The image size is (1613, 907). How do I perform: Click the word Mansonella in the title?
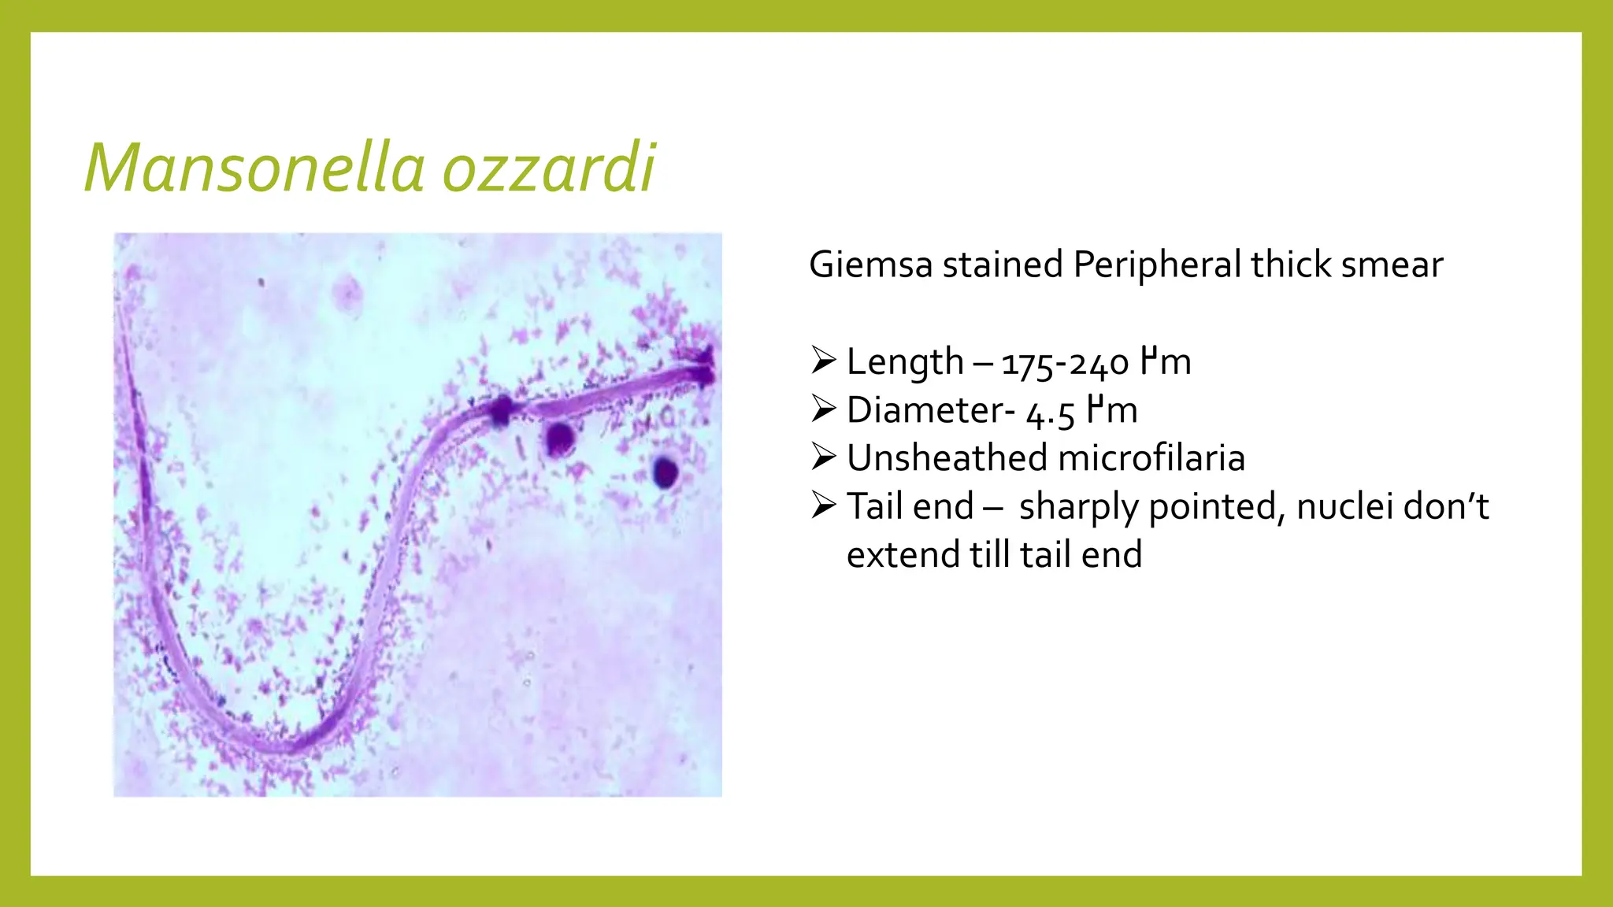pos(254,168)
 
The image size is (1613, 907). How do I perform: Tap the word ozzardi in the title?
pos(548,168)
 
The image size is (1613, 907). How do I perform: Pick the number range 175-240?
pos(1065,364)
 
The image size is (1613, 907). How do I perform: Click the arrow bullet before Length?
pos(823,361)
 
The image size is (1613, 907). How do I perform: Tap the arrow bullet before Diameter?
pos(823,409)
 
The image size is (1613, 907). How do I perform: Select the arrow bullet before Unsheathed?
pos(823,457)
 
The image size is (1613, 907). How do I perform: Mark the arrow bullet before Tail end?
pos(823,505)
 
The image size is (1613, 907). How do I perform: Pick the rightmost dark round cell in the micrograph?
pos(666,472)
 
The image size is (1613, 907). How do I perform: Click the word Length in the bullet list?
pos(905,363)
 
